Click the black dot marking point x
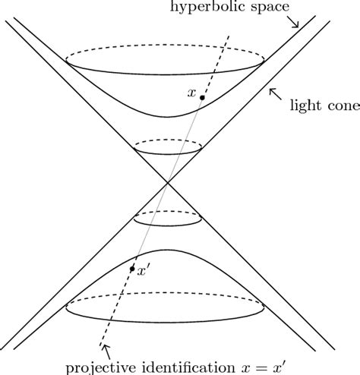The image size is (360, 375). pyautogui.click(x=201, y=99)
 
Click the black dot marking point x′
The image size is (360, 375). pyautogui.click(x=132, y=269)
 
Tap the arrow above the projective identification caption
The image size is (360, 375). pyautogui.click(x=105, y=350)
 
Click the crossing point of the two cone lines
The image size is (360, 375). pyautogui.click(x=168, y=183)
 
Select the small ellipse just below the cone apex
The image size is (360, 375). pyautogui.click(x=168, y=219)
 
